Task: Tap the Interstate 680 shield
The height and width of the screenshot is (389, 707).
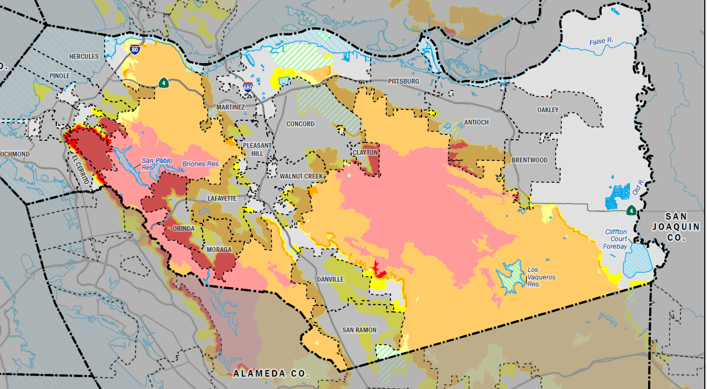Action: [248, 87]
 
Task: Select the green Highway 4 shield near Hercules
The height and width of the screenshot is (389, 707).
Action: [163, 83]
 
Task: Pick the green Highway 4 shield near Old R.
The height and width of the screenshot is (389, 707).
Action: [630, 210]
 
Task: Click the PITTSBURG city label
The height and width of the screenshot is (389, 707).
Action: [403, 81]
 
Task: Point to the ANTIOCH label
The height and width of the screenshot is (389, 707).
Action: [476, 122]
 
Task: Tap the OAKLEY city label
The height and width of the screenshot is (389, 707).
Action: [548, 110]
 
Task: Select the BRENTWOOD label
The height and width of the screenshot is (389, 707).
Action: [529, 160]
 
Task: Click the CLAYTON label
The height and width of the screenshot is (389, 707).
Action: [365, 153]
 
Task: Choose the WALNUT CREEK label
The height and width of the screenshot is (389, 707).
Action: [301, 176]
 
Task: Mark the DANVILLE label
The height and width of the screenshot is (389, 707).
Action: [329, 279]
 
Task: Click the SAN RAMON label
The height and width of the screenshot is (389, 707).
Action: [359, 330]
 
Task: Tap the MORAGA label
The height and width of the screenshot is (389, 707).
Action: [219, 250]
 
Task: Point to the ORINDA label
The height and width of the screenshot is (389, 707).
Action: [183, 229]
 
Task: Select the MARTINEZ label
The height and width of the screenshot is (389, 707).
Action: [231, 107]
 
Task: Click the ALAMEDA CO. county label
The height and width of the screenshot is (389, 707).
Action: [271, 373]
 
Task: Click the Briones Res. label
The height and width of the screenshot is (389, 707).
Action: [200, 163]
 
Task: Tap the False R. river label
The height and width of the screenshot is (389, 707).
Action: [604, 41]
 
